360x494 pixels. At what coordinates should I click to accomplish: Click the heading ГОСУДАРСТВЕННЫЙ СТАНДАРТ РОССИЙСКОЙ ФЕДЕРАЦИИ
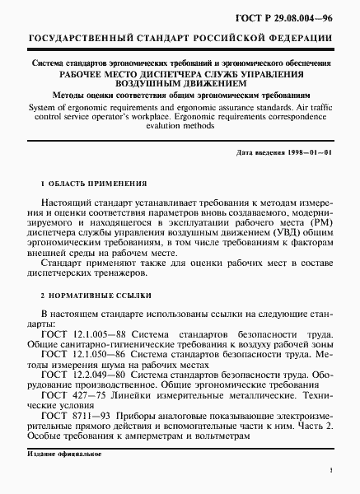pos(180,40)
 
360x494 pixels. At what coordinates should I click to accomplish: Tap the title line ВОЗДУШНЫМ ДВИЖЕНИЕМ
pos(180,83)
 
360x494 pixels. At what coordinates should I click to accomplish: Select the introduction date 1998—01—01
pos(308,154)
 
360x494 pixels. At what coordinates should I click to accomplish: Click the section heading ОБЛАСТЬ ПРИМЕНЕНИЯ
pos(98,184)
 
